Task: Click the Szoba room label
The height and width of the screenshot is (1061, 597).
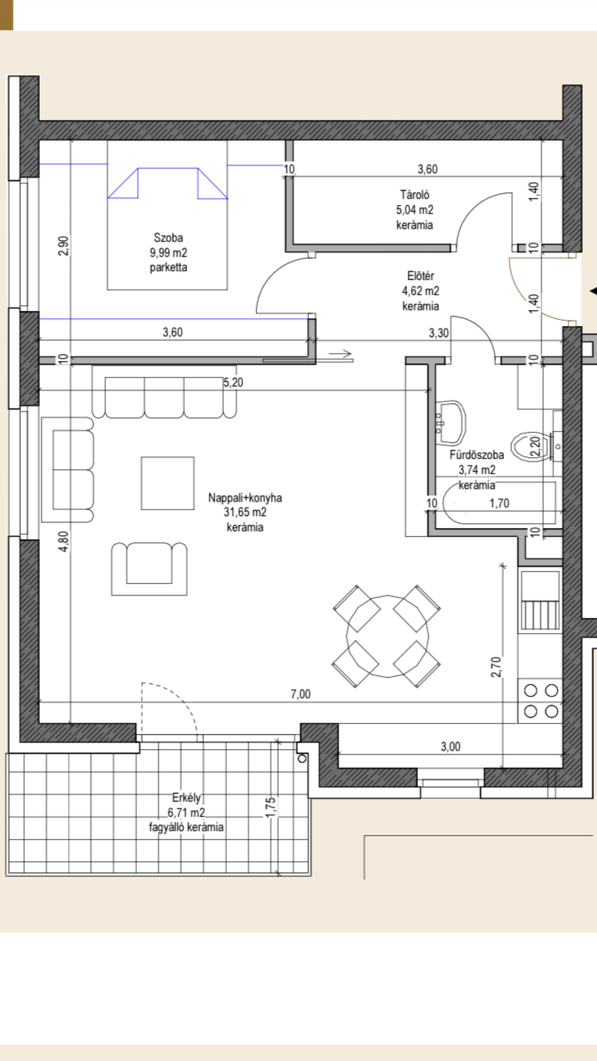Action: [168, 238]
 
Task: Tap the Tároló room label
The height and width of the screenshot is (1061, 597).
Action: [414, 194]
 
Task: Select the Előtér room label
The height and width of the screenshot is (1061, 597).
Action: [420, 276]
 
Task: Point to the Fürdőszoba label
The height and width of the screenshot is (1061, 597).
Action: [477, 455]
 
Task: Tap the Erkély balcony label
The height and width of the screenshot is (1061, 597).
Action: [186, 798]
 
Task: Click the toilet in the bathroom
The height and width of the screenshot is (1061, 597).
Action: [532, 446]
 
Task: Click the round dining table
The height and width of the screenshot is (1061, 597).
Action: [387, 636]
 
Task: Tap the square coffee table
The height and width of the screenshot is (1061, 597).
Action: [167, 483]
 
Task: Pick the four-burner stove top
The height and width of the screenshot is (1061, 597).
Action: [540, 701]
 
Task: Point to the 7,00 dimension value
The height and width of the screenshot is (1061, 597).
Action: [301, 694]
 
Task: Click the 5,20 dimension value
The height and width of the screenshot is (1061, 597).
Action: [233, 382]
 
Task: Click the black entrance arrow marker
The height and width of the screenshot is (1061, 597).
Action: [593, 291]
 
